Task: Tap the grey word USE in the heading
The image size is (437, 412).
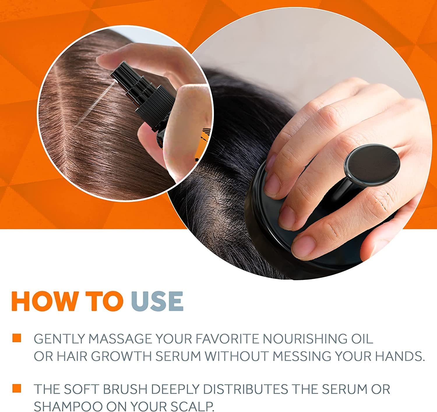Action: (157, 301)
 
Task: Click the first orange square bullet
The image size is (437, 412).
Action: (17, 338)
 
